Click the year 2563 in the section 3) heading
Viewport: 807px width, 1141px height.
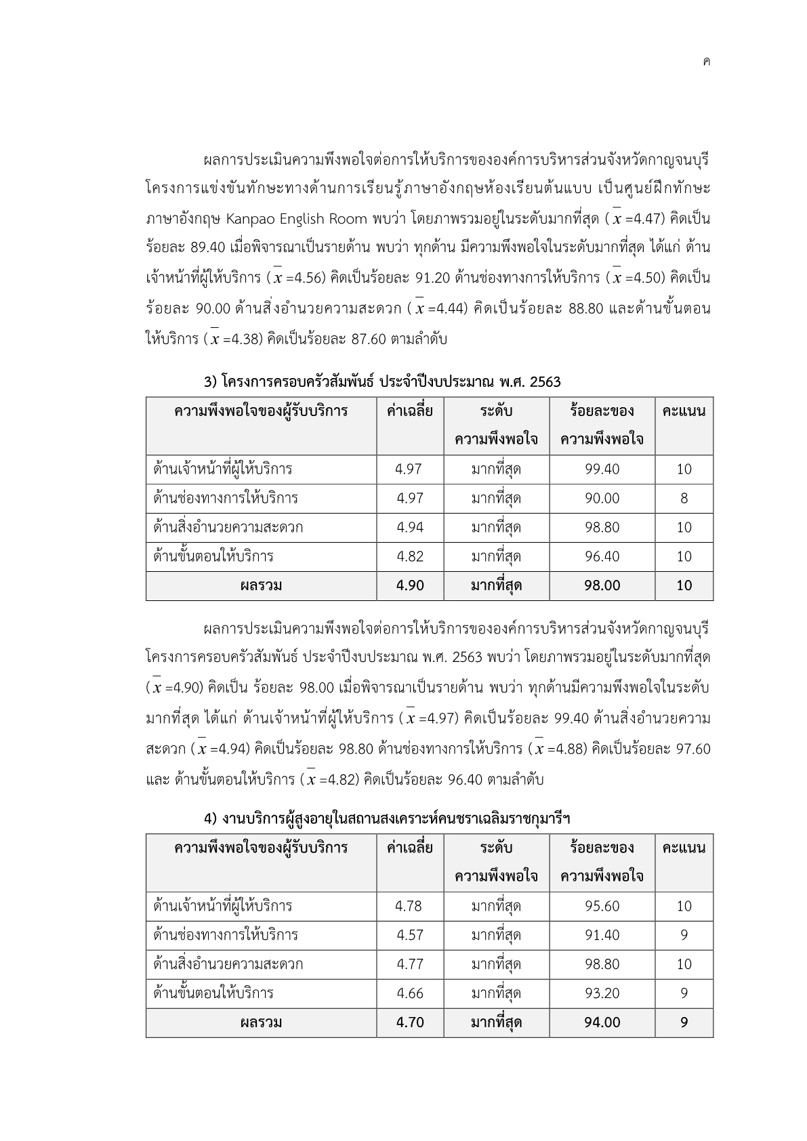[x=545, y=382]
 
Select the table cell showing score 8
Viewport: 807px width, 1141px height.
[x=684, y=499]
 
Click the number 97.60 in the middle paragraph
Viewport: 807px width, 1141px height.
[x=692, y=749]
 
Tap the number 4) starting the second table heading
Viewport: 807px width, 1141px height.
[x=211, y=819]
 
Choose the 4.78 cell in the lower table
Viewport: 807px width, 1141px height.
[x=409, y=907]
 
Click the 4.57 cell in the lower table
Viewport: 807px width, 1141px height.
[x=409, y=936]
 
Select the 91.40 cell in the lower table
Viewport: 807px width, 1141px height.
[x=602, y=936]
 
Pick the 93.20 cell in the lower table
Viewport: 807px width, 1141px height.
[x=602, y=994]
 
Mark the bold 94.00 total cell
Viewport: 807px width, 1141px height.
[x=602, y=1022]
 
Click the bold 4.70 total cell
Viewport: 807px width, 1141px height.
[x=409, y=1022]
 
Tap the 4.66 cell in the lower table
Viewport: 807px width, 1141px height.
[x=409, y=994]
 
